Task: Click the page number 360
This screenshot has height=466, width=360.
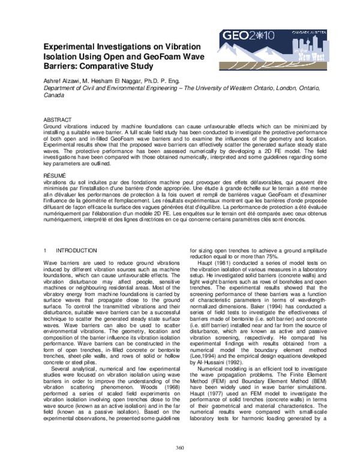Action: pos(179,447)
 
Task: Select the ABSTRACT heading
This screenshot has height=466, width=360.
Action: pos(57,120)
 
